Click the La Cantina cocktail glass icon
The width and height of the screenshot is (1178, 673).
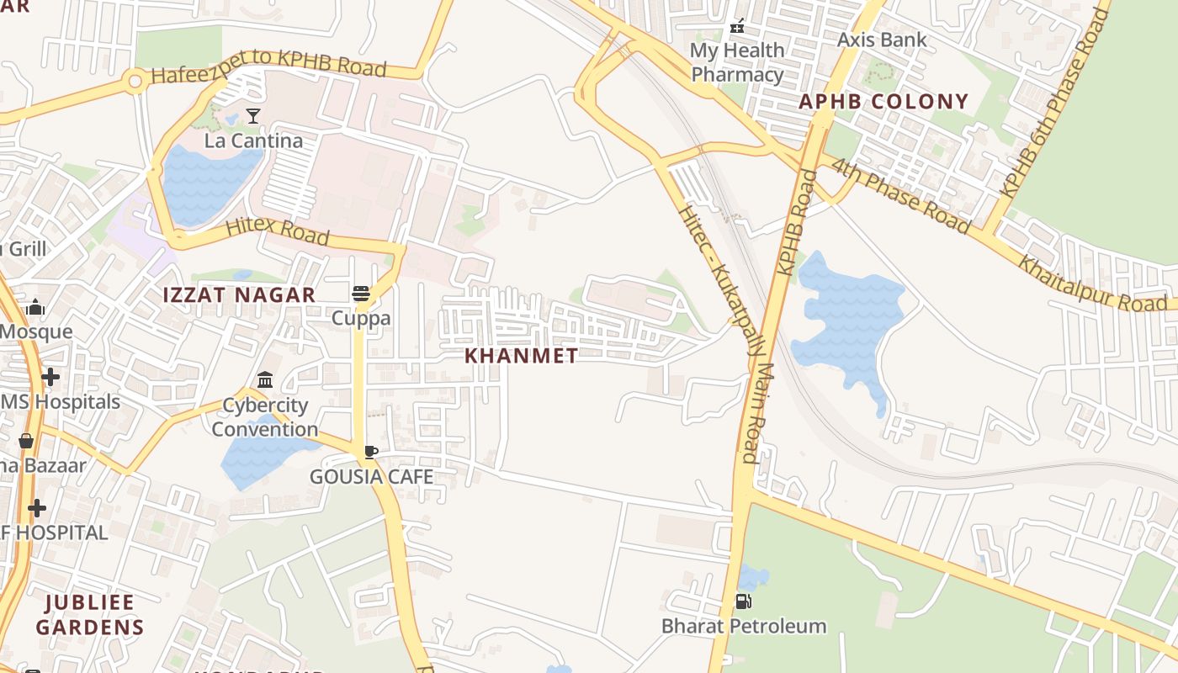[253, 116]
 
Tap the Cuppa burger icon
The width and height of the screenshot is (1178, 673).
[361, 294]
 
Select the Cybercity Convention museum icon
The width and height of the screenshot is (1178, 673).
[265, 380]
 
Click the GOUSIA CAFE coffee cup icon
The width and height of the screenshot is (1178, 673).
[370, 453]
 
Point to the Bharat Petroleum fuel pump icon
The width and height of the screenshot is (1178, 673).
[743, 601]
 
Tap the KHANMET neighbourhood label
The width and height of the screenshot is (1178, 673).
[522, 356]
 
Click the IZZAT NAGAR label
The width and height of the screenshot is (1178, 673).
[240, 295]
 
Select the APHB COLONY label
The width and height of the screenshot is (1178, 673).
[883, 102]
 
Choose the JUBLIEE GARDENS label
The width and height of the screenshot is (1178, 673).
[90, 615]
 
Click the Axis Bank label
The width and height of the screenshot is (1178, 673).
[882, 40]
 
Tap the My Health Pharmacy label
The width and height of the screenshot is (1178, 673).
[737, 62]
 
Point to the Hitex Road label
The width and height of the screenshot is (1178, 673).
[277, 231]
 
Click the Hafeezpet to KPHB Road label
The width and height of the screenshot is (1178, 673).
[268, 66]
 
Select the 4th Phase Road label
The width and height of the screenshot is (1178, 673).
[900, 193]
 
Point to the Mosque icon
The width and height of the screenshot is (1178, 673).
[35, 308]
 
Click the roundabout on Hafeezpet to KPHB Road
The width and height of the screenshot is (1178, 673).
[134, 82]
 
